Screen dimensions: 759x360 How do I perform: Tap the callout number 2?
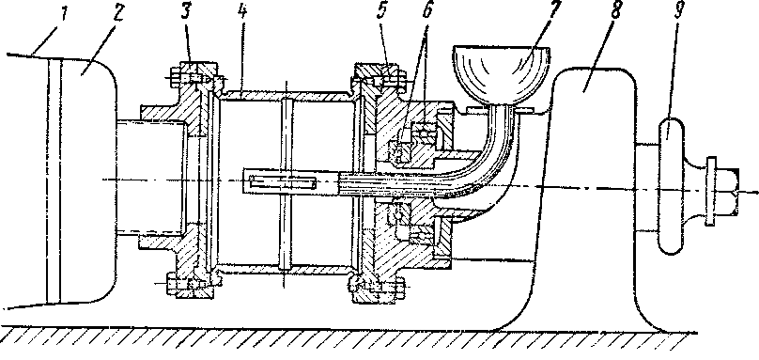(116, 15)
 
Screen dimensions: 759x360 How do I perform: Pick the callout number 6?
(427, 13)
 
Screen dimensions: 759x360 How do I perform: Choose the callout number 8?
(614, 13)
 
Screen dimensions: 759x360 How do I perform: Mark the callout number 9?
(678, 12)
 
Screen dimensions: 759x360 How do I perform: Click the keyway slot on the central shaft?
(283, 182)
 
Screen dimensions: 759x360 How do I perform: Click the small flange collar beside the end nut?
(710, 191)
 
